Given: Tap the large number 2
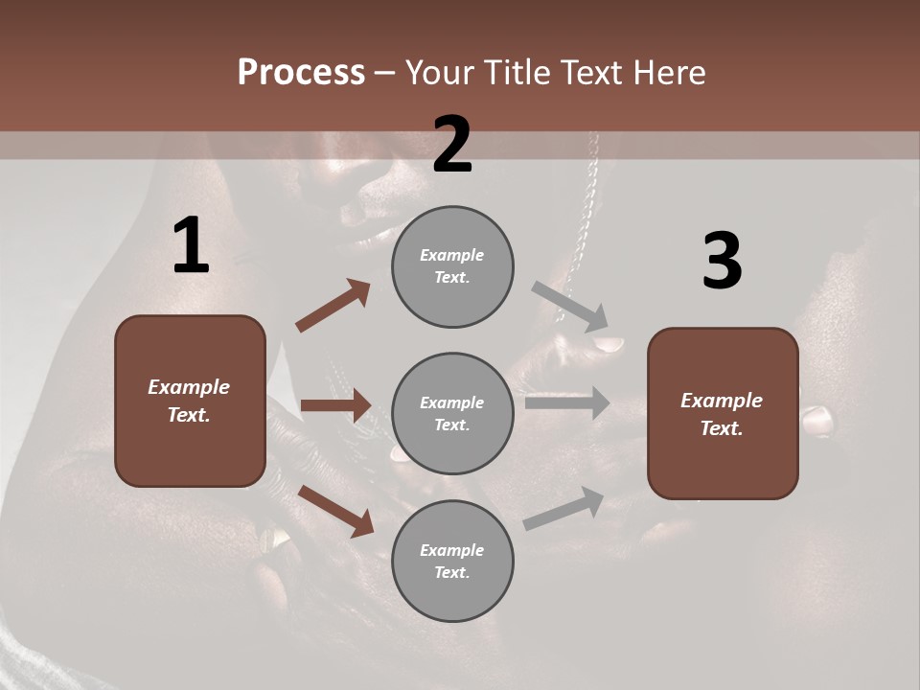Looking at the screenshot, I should [x=452, y=146].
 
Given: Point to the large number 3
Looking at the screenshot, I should [x=722, y=262].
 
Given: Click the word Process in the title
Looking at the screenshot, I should [x=301, y=72].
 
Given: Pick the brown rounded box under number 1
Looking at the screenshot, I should [x=190, y=401].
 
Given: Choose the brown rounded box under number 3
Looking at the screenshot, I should [x=723, y=413].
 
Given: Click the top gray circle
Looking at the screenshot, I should [x=452, y=266].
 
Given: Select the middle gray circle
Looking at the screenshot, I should [x=452, y=413].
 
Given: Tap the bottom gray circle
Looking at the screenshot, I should [x=452, y=561].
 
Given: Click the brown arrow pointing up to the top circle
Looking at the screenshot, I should [x=333, y=306].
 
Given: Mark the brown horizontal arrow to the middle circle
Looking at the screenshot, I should [x=335, y=405].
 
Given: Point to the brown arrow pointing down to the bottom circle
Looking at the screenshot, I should [x=335, y=510].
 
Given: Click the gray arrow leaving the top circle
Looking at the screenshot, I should [x=570, y=305].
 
